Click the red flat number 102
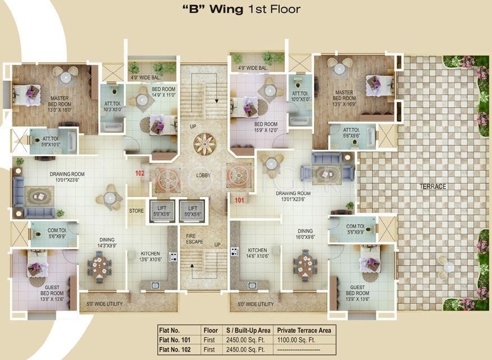tap(140, 174)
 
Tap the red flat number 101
tap(239, 200)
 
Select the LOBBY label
tap(203, 175)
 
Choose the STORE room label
tap(136, 212)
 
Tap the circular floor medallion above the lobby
tap(203, 144)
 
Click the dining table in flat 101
tap(305, 265)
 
